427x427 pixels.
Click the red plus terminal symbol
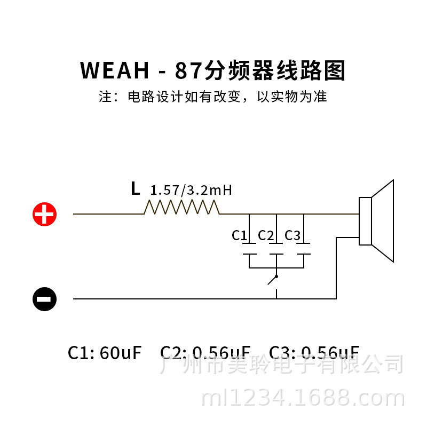click(x=44, y=215)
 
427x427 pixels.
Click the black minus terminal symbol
click(x=44, y=299)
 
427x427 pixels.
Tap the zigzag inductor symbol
click(x=181, y=207)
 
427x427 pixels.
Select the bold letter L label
click(x=135, y=188)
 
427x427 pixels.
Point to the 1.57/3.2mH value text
click(x=191, y=191)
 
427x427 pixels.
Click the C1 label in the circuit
click(x=239, y=235)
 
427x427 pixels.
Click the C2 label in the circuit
click(x=266, y=235)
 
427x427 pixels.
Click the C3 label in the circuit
click(x=292, y=235)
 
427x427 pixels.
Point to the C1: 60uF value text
click(x=105, y=352)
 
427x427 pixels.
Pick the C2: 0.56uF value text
click(x=205, y=352)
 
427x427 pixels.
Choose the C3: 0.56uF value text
click(x=314, y=352)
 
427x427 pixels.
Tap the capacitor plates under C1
click(x=249, y=249)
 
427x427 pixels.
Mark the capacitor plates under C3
click(x=303, y=249)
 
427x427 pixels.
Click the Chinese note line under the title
click(x=213, y=97)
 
